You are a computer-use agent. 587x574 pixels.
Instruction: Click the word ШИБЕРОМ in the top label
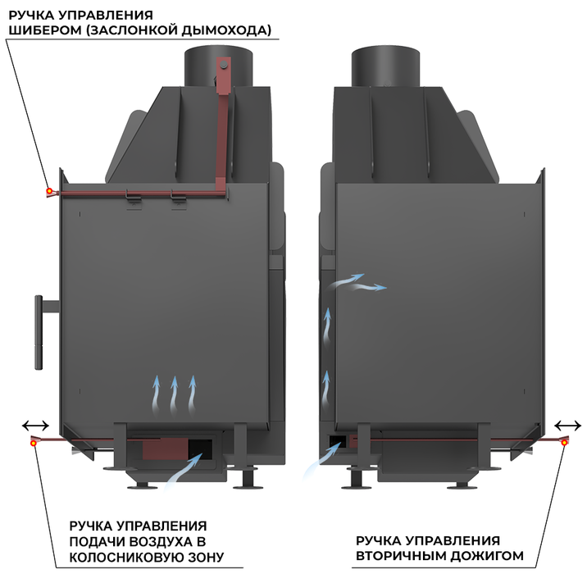[45, 30]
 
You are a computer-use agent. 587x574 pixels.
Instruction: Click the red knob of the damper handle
[49, 191]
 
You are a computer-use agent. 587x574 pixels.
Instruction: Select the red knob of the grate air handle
[34, 443]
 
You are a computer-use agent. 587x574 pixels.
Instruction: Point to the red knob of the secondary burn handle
[564, 443]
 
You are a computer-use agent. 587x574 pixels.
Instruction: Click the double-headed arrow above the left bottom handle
[35, 426]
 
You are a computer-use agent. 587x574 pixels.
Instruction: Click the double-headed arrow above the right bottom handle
[567, 426]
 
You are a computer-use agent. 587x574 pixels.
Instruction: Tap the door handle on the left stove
[39, 332]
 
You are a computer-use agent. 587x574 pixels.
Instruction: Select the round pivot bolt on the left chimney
[224, 65]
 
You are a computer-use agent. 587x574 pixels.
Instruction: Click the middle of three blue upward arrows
[174, 396]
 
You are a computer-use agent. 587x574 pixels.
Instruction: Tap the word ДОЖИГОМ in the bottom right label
[488, 556]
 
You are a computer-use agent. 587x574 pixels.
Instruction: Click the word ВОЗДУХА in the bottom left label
[159, 542]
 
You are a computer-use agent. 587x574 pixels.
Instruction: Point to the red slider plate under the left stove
[165, 449]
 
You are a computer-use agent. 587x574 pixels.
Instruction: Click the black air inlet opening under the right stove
[337, 441]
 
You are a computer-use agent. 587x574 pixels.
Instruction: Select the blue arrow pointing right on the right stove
[369, 287]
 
